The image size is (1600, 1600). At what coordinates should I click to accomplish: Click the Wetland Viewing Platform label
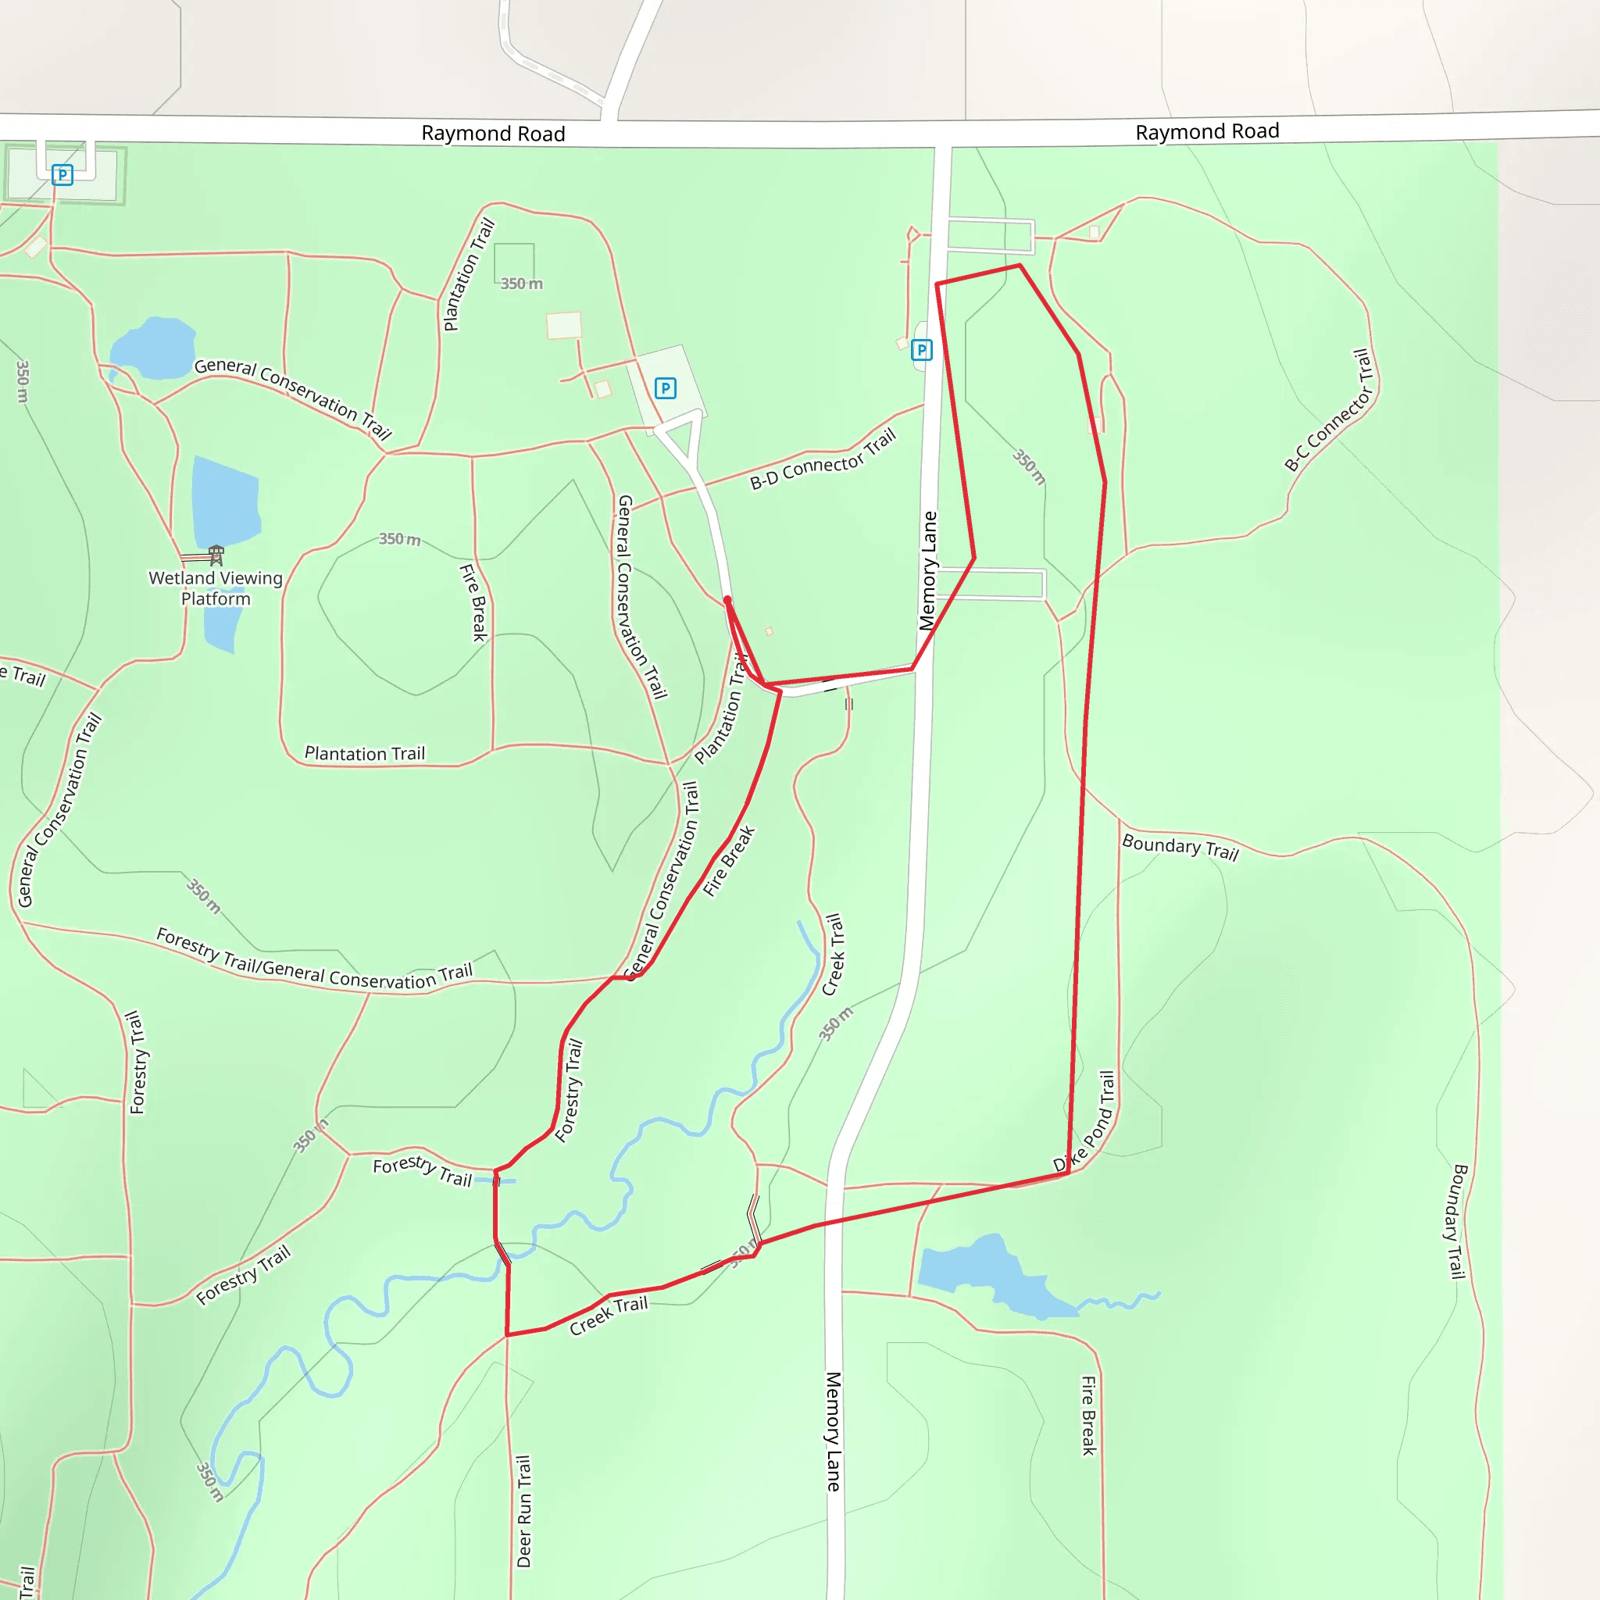tap(216, 588)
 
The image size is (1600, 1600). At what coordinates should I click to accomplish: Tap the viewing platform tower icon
tap(216, 554)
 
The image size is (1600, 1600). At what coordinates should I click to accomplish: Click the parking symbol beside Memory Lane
tap(922, 350)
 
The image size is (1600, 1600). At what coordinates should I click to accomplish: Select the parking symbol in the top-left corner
tap(62, 175)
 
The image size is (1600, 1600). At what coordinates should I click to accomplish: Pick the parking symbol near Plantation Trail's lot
tap(665, 387)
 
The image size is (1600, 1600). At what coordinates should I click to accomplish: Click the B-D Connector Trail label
tap(823, 459)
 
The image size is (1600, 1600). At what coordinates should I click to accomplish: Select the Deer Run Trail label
tap(523, 1512)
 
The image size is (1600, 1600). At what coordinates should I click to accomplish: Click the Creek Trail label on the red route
tap(609, 1315)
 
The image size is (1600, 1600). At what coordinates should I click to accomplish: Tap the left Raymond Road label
tap(493, 134)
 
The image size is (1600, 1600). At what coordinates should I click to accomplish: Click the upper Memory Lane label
tap(928, 570)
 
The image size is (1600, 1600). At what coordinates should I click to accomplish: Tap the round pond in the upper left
tap(154, 348)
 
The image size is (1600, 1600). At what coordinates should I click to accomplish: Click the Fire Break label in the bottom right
tap(1088, 1416)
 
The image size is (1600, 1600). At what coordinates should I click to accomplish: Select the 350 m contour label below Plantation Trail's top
tap(521, 284)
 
